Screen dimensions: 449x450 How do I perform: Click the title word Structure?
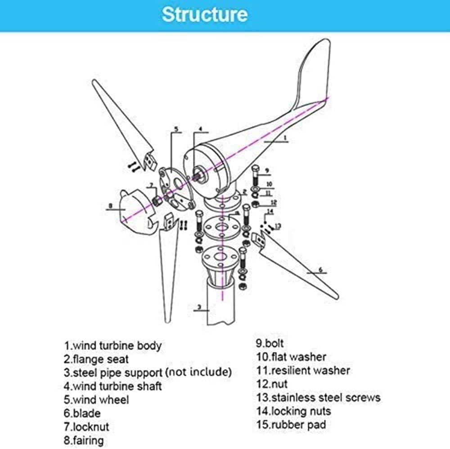(205, 14)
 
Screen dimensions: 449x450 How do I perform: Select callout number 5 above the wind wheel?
(176, 129)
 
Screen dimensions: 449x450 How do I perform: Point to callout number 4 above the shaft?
(200, 129)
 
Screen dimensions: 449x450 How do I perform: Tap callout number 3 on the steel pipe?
(198, 309)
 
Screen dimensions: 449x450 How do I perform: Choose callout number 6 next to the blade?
(320, 269)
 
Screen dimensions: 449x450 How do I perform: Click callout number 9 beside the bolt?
(266, 171)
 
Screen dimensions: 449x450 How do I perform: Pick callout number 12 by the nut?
(273, 202)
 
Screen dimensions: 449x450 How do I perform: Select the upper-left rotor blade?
(121, 121)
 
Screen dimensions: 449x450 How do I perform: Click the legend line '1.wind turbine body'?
(112, 346)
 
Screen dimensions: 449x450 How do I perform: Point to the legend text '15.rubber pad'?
(291, 424)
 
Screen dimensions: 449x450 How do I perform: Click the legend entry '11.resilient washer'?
(303, 370)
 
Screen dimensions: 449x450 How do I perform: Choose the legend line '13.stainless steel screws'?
(318, 397)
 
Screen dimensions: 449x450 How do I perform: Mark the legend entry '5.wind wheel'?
(96, 400)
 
